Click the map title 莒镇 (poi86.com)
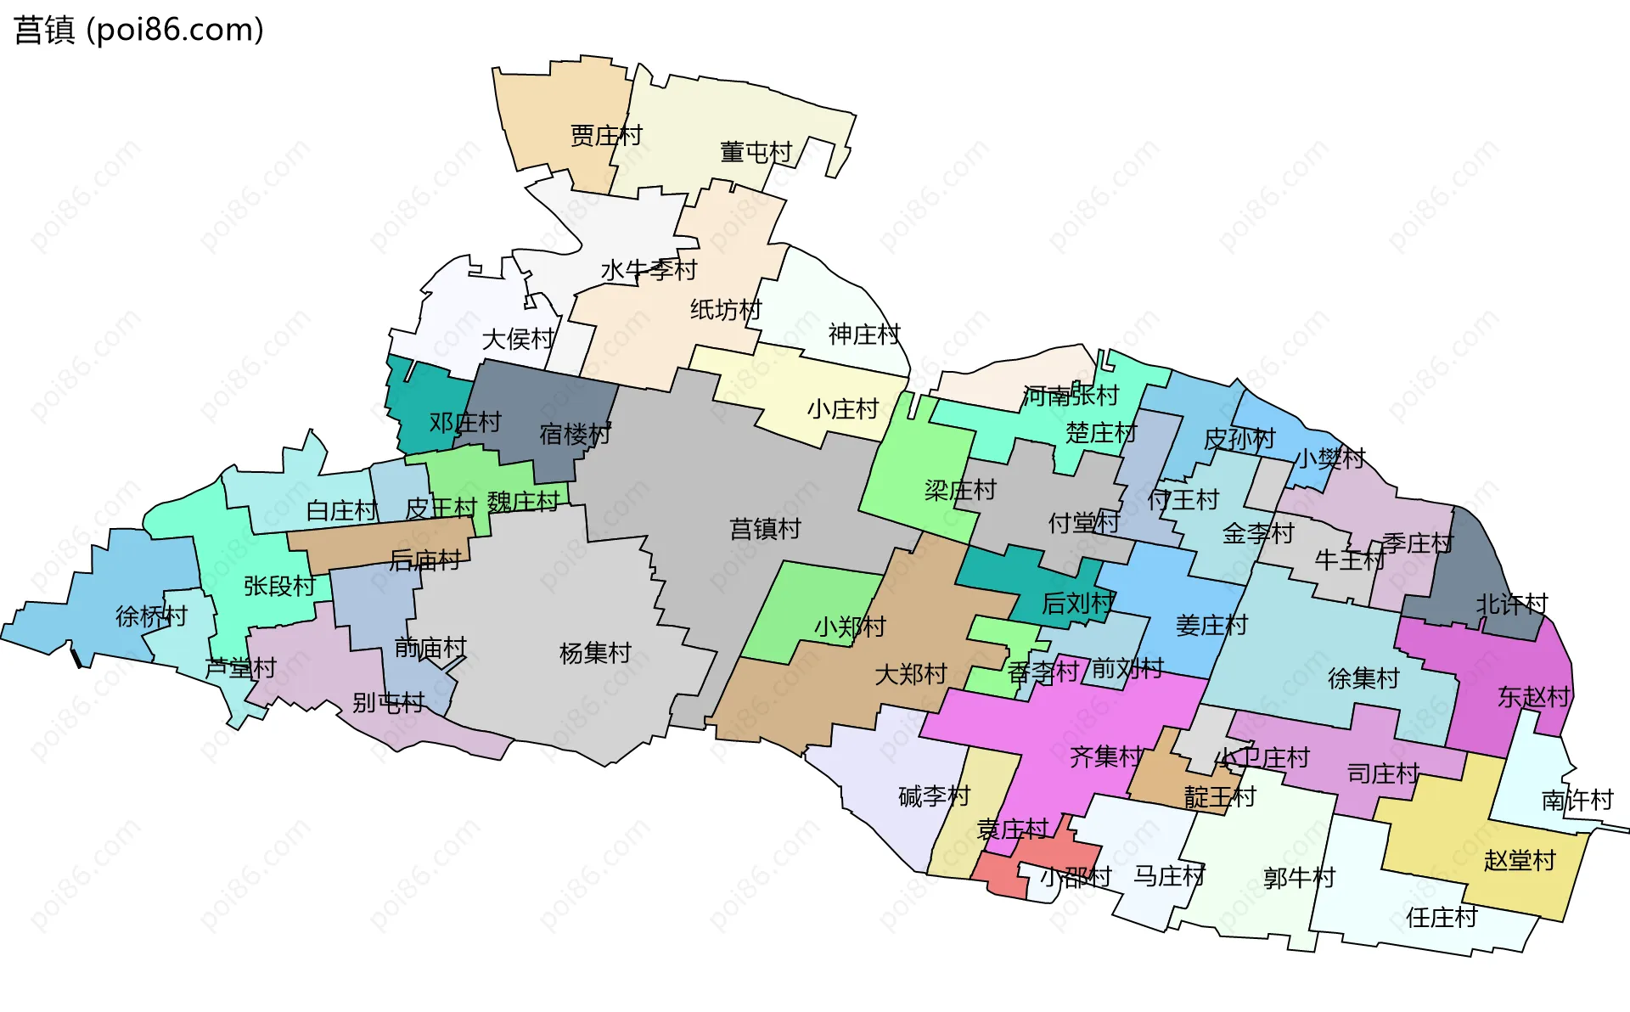coord(139,31)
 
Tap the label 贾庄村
coord(606,136)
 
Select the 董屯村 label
coord(756,153)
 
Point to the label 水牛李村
coord(649,270)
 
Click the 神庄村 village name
coord(864,335)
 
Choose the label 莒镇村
coord(765,529)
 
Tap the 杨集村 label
coord(595,653)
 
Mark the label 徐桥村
coord(151,616)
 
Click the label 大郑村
coord(911,674)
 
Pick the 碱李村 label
coord(934,796)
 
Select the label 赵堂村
coord(1520,860)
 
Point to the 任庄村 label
coord(1442,917)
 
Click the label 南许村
coord(1577,800)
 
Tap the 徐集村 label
coord(1363,678)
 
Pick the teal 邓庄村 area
coord(424,408)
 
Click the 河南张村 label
coord(1071,396)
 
